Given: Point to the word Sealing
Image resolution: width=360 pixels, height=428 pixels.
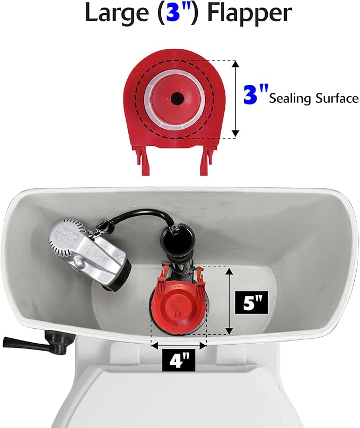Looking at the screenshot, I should [x=292, y=98].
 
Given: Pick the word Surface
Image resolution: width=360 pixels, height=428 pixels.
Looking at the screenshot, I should [x=338, y=98].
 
